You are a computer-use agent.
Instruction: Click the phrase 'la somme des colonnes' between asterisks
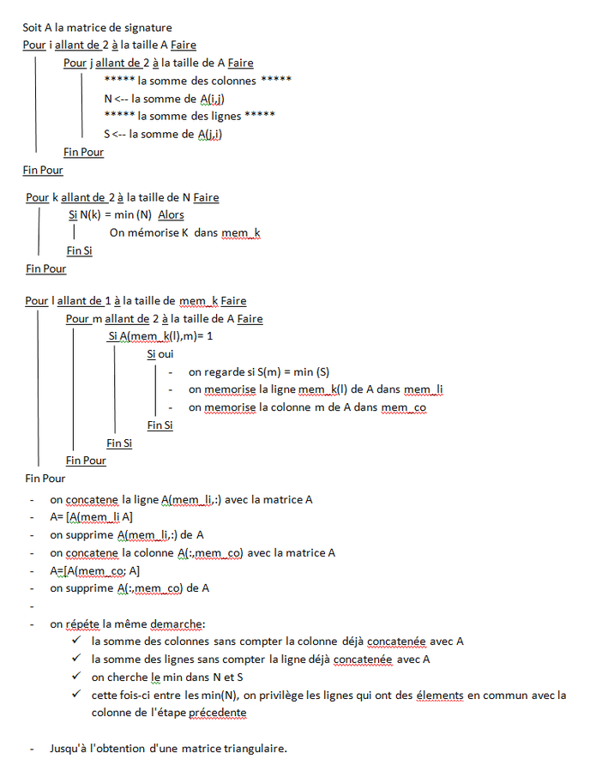(x=196, y=81)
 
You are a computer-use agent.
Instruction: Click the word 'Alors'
(x=171, y=214)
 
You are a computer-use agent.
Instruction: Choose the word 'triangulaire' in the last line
(x=253, y=749)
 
